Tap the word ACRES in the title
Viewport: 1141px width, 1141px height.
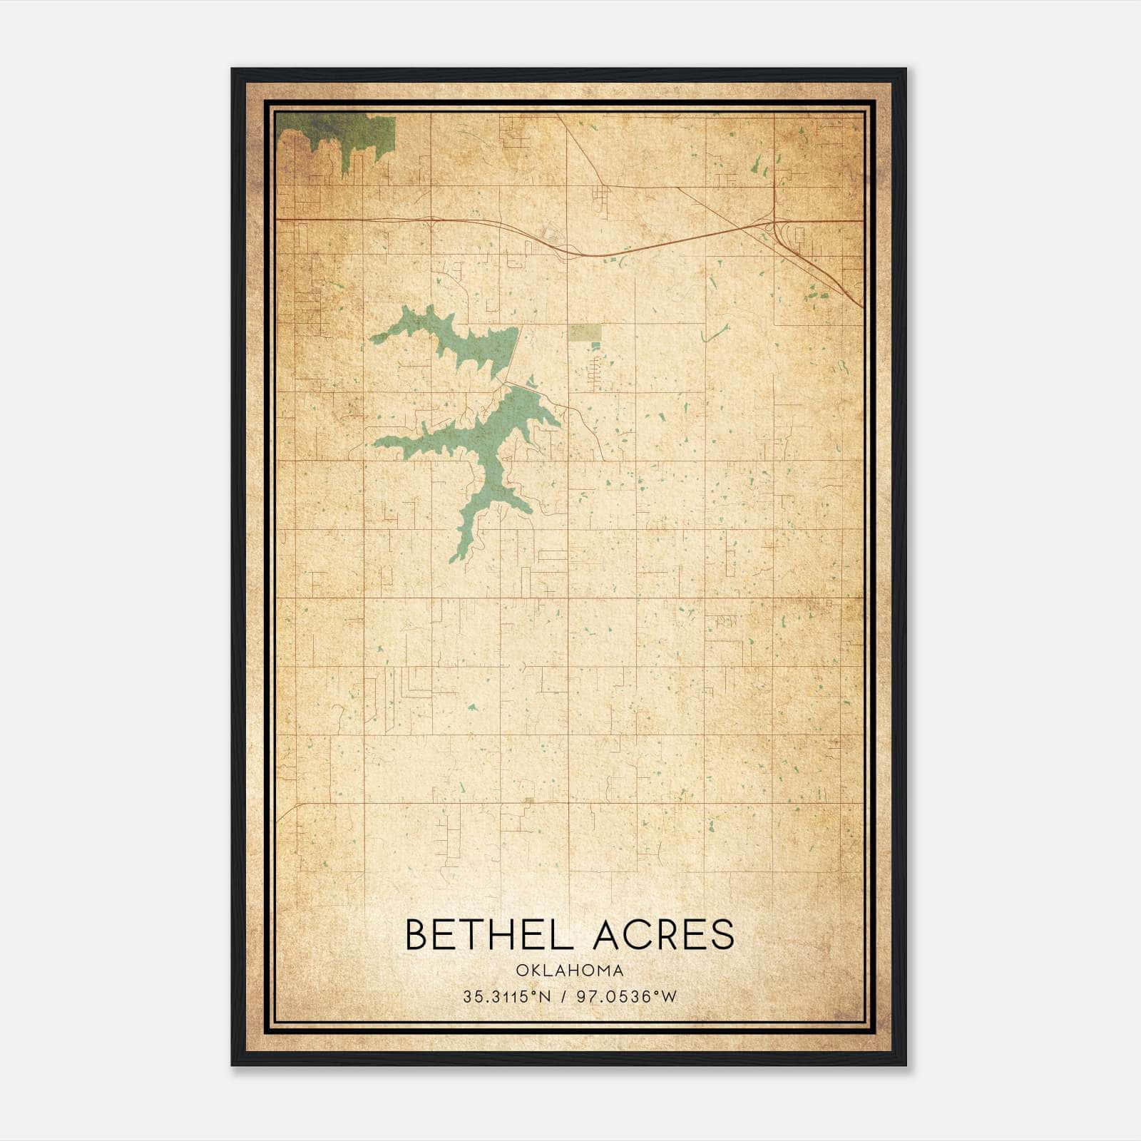click(x=662, y=935)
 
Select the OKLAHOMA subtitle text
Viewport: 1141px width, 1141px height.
click(x=570, y=971)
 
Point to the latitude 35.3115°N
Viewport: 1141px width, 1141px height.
click(x=506, y=998)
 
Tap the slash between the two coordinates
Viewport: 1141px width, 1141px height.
click(x=566, y=998)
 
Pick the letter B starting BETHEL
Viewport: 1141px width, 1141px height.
click(x=416, y=935)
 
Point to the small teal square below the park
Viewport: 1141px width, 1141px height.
click(x=595, y=346)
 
